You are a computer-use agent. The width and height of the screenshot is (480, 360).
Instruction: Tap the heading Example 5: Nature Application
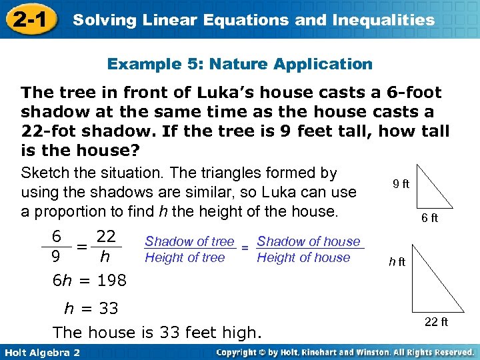pos(239,64)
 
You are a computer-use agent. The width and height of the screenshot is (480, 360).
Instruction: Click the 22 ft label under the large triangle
pos(436,322)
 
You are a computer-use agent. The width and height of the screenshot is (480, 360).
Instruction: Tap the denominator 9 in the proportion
pos(57,257)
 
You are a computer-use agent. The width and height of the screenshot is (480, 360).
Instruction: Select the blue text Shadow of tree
pos(189,241)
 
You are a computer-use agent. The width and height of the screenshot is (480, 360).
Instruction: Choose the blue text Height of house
pos(303,257)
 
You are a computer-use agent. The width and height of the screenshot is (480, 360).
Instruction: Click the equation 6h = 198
pos(89,281)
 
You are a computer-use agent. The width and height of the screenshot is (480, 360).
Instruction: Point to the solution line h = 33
pos(91,309)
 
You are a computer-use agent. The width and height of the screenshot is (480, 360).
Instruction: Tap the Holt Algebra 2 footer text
pos(41,352)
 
